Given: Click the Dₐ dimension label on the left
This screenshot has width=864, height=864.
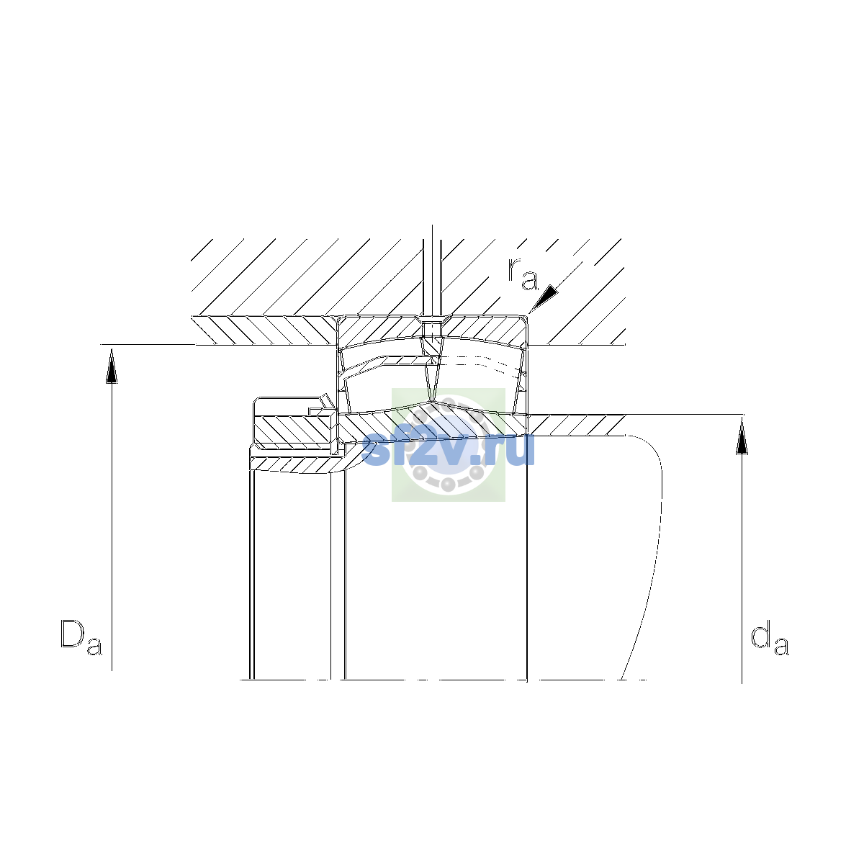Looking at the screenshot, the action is click(x=81, y=638).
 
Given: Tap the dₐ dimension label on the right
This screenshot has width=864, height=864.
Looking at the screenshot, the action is click(x=770, y=638).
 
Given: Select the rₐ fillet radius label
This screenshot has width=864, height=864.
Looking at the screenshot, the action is click(x=522, y=274).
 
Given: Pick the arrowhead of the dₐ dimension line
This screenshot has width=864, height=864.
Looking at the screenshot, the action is click(x=742, y=437).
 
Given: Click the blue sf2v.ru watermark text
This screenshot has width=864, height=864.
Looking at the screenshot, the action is click(x=448, y=449).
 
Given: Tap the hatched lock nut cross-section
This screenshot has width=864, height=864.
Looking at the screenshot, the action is click(x=294, y=430).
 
